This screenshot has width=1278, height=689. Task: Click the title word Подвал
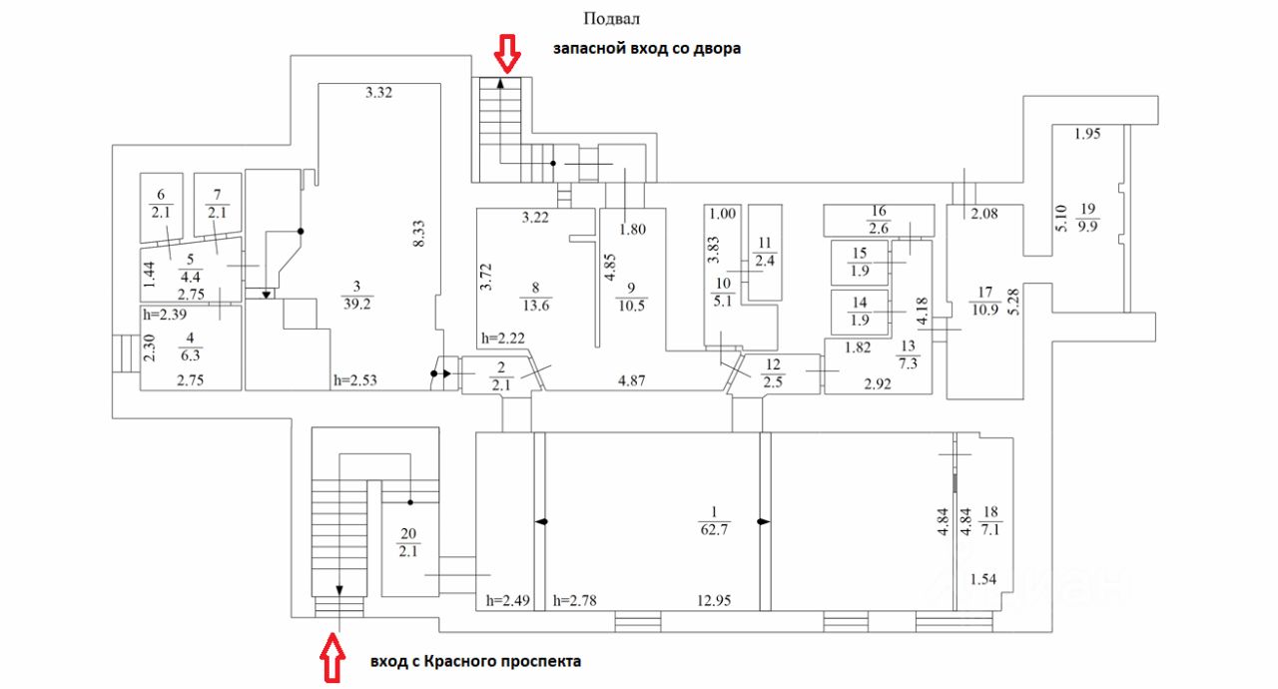click(x=611, y=19)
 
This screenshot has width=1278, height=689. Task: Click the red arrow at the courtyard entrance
click(x=508, y=54)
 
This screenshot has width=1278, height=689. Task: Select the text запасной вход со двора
click(x=648, y=48)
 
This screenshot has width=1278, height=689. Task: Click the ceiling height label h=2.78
click(x=576, y=600)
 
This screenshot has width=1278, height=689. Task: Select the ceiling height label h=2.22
click(x=502, y=339)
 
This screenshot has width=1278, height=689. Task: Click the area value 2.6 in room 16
click(x=878, y=227)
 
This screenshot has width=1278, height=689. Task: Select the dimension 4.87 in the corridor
click(x=631, y=380)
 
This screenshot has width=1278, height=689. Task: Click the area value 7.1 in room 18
click(x=991, y=527)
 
